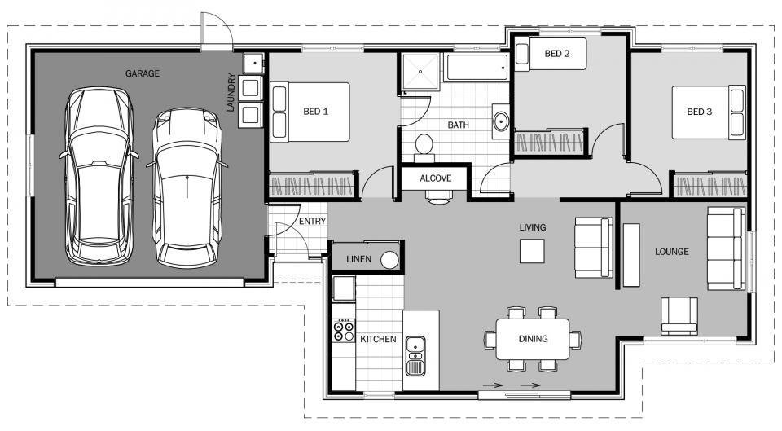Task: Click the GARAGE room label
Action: point(142,73)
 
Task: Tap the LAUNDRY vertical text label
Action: point(231,93)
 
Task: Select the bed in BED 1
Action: point(310,112)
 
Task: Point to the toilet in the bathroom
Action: point(424,146)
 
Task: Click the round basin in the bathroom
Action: point(500,122)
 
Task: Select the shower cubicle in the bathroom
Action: point(420,71)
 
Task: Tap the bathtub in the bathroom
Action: point(477,68)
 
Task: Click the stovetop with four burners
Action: point(343,330)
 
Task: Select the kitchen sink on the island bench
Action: point(415,354)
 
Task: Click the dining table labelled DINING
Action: point(532,338)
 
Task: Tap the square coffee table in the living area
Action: point(534,250)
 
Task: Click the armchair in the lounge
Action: point(679,315)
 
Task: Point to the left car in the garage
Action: point(99,177)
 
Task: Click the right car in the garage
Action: point(187,187)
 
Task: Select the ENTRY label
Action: point(312,222)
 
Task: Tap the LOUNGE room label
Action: point(671,252)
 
